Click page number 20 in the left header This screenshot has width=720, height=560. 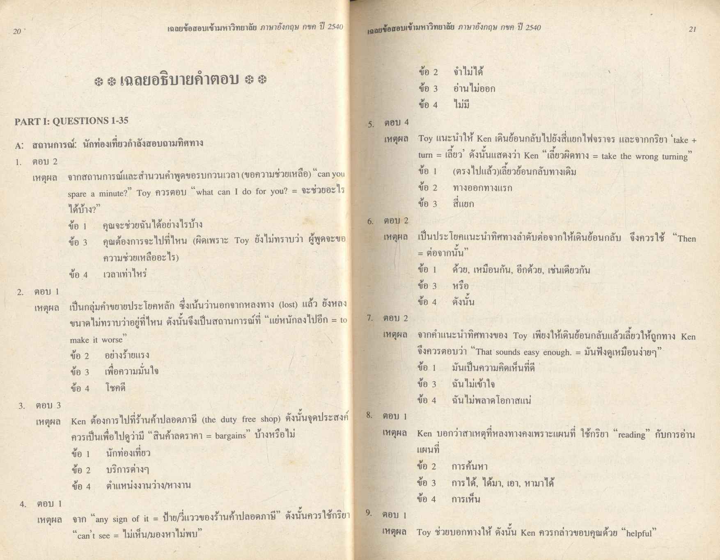(x=17, y=31)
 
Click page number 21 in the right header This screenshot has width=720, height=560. (x=692, y=29)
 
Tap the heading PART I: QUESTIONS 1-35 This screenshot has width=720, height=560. (x=71, y=121)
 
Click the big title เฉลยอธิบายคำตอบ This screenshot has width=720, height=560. (x=180, y=79)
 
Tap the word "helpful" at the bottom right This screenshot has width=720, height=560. (x=639, y=533)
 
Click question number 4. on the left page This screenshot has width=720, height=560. (x=23, y=504)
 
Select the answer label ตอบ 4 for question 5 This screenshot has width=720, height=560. (x=396, y=122)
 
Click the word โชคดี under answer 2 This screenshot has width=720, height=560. (x=115, y=388)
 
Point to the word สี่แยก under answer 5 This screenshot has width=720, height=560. (x=463, y=204)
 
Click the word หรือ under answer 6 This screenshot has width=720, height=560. (x=460, y=286)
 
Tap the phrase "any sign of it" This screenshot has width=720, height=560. (x=123, y=519)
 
